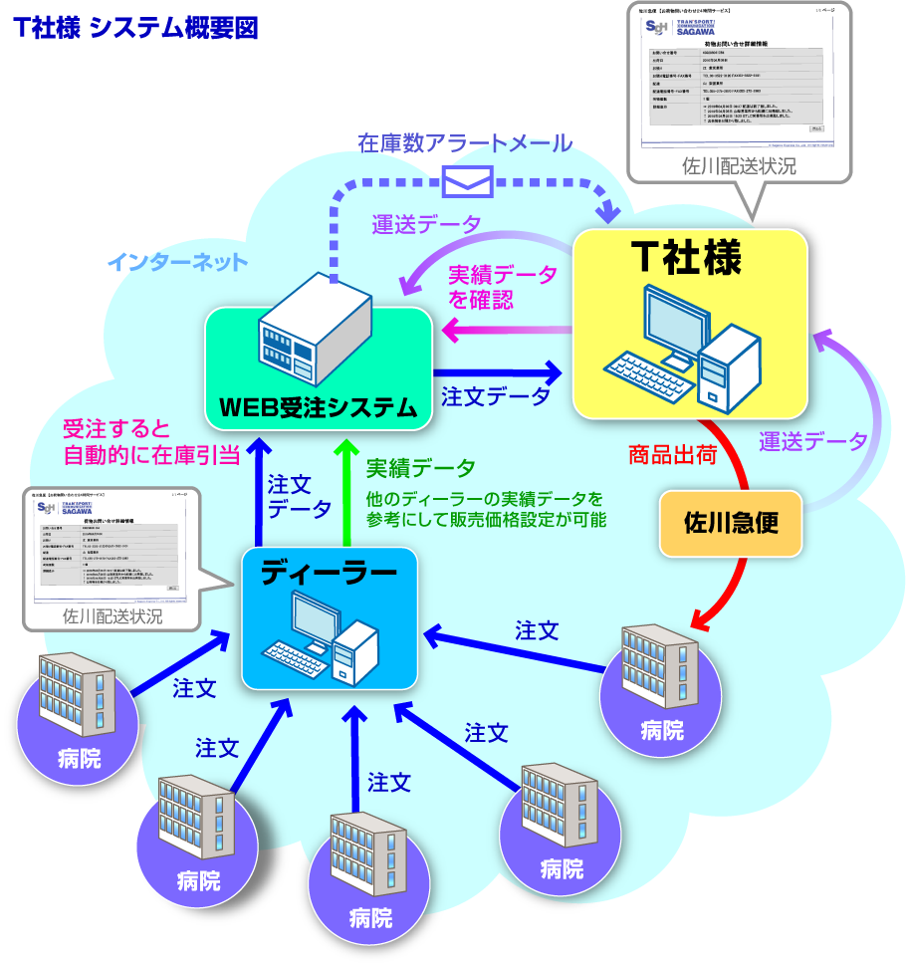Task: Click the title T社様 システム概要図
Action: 136,28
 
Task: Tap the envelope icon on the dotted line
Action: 467,179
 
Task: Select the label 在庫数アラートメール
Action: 465,143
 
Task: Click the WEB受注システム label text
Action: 318,406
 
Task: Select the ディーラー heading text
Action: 329,573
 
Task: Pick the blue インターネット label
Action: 176,263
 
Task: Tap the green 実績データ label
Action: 420,467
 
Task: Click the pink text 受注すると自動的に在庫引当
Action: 151,443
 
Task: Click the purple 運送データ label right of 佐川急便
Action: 812,440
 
